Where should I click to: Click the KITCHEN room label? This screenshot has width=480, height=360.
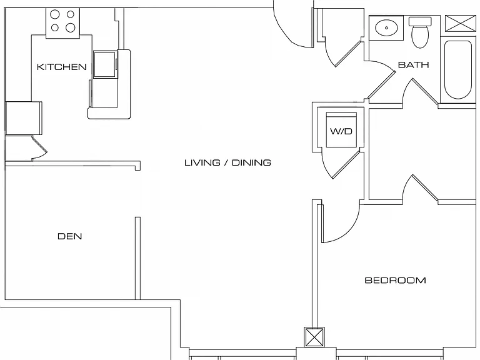(61, 67)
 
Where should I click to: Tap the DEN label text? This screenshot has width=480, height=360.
(70, 236)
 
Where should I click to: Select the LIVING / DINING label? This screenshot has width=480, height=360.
(227, 162)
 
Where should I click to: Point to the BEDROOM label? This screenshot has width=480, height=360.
(395, 280)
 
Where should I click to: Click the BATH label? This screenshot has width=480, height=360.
(413, 64)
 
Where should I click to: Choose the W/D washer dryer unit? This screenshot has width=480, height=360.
(341, 130)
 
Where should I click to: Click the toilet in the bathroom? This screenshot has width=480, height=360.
(420, 32)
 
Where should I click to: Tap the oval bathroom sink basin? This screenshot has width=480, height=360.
(387, 27)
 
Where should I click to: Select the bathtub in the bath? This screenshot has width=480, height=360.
(458, 70)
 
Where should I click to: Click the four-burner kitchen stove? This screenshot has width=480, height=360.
(62, 23)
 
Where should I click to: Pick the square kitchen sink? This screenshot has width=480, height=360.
(105, 64)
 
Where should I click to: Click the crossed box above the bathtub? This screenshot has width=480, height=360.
(461, 23)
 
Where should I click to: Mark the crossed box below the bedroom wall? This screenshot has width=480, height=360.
(314, 337)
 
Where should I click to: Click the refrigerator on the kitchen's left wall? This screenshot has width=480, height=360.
(24, 118)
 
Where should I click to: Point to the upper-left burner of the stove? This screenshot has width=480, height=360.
(55, 14)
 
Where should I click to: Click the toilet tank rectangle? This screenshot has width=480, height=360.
(420, 21)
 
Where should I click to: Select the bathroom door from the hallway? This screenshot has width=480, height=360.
(381, 86)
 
